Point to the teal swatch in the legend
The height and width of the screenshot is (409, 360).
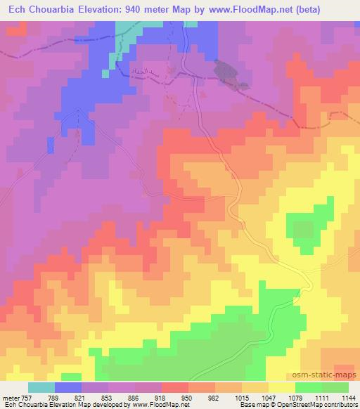(41, 387)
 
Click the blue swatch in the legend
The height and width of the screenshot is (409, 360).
(67, 387)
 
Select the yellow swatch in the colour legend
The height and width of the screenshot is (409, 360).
(281, 387)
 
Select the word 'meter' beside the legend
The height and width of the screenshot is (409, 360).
(10, 396)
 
